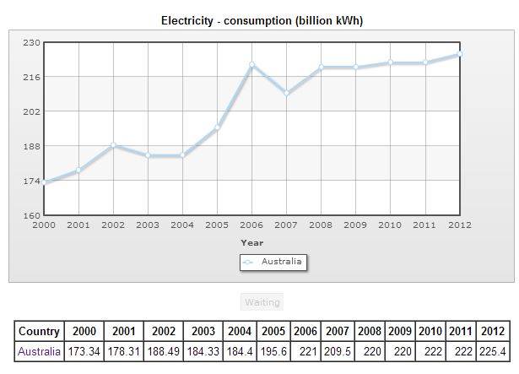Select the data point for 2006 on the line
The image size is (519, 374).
(x=251, y=64)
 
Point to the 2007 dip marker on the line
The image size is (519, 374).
(x=286, y=93)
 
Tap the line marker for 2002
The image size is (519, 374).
(x=113, y=145)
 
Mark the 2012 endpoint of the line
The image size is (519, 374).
(x=459, y=54)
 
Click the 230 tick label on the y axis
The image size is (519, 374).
(x=30, y=42)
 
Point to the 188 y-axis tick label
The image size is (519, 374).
(x=30, y=146)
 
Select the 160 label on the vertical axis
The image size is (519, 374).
(x=30, y=215)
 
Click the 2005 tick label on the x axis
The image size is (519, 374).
(x=217, y=225)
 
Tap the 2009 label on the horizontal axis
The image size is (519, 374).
(x=355, y=225)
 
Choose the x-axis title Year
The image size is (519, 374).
(x=251, y=242)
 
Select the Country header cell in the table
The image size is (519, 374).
(x=39, y=332)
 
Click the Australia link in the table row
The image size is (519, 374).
(x=39, y=351)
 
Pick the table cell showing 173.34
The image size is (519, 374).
(x=84, y=351)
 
